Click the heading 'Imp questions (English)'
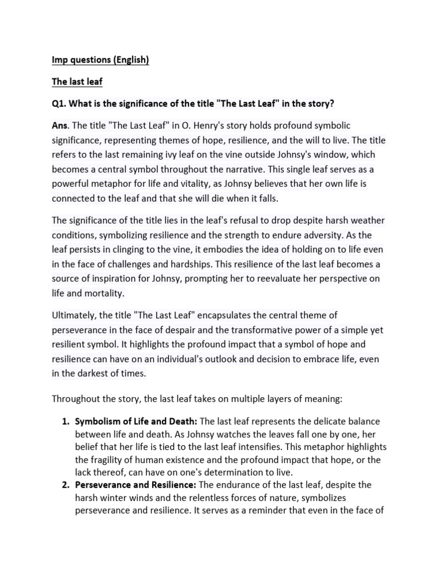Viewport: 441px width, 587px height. [100, 60]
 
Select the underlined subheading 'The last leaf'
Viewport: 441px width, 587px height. [77, 81]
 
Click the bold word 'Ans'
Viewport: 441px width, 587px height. [61, 125]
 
